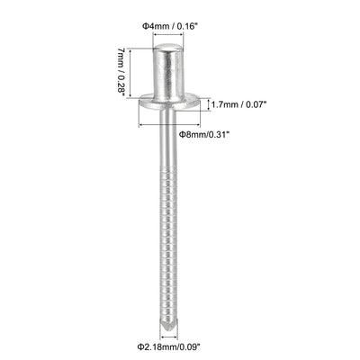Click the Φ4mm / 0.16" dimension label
(170, 26)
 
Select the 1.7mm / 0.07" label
(239, 104)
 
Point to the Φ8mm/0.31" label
(204, 134)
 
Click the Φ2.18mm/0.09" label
(168, 347)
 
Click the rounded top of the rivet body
(168, 47)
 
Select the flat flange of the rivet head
(169, 103)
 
